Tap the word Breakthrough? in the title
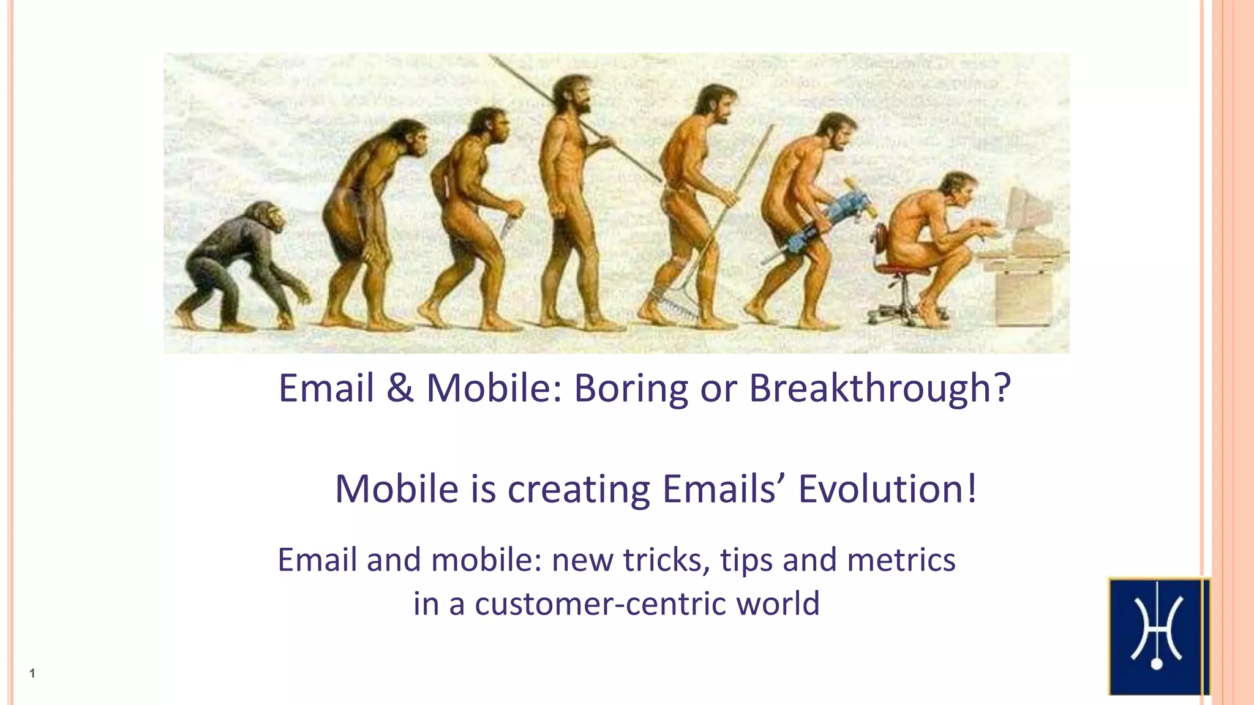pyautogui.click(x=879, y=389)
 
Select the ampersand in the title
pyautogui.click(x=399, y=389)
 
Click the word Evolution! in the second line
pyautogui.click(x=887, y=489)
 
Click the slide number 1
pyautogui.click(x=32, y=674)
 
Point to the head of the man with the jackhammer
pyautogui.click(x=837, y=131)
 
